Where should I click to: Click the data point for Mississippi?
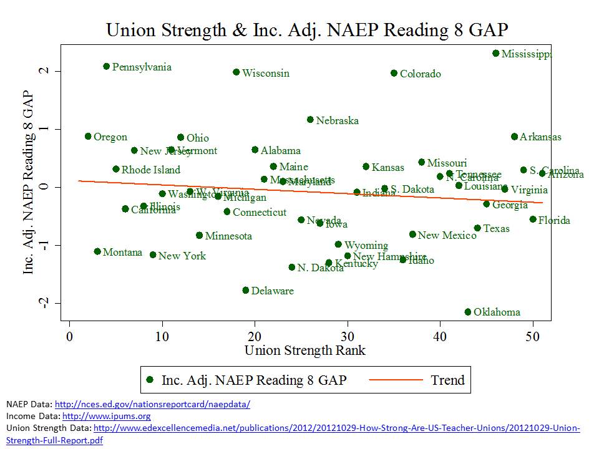pos(495,54)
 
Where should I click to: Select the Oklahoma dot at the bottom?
pos(468,312)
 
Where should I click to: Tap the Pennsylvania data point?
pos(106,66)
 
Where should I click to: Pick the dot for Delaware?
pos(246,290)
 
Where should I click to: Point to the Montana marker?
pos(97,251)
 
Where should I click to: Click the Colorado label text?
pos(420,74)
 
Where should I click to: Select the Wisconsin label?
pos(266,74)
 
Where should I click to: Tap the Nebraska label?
pos(337,120)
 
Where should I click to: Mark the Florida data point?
pos(533,219)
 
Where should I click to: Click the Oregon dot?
pos(88,136)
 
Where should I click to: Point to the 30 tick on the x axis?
pos(348,337)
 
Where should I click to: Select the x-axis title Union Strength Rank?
pos(305,350)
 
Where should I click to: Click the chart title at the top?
pos(307,30)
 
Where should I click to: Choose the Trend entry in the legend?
pos(447,380)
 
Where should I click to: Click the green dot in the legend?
pos(150,380)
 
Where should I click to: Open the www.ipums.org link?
pos(107,416)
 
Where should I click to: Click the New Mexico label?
pos(447,236)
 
